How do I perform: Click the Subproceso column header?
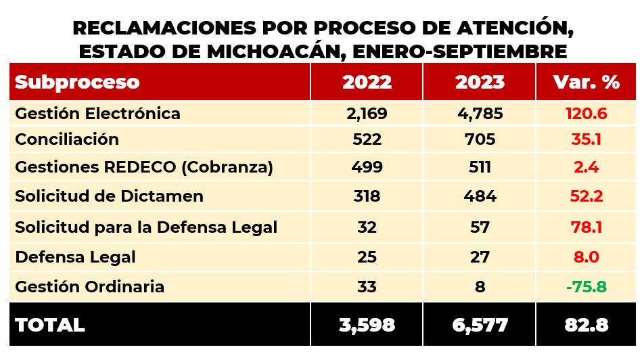tap(77, 82)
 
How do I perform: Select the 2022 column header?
tap(367, 82)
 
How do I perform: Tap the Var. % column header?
tap(586, 82)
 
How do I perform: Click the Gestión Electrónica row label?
tap(97, 113)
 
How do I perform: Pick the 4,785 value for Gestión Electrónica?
tap(480, 113)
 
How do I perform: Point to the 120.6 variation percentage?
tap(586, 113)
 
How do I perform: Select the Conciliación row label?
tap(67, 139)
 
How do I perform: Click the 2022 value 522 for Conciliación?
tap(367, 139)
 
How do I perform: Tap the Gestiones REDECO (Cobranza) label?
tap(144, 167)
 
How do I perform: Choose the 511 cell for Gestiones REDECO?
tap(480, 167)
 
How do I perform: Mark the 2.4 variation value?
tap(586, 167)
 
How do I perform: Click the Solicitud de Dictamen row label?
tap(109, 196)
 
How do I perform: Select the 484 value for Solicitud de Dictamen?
tap(480, 196)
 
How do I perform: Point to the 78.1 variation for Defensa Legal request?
tap(586, 227)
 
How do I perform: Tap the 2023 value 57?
tap(480, 227)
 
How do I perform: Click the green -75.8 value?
tap(586, 286)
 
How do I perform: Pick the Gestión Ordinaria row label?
tap(89, 286)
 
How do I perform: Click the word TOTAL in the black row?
tap(50, 325)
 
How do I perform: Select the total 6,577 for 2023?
tap(480, 325)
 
